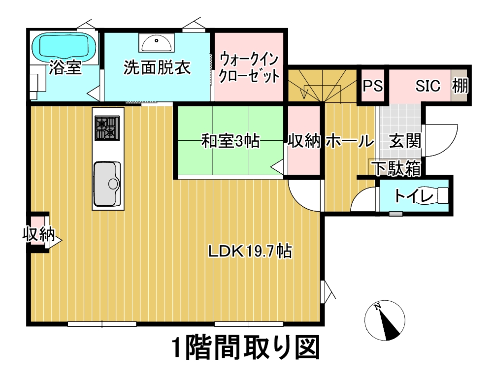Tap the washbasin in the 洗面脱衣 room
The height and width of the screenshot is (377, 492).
point(156,43)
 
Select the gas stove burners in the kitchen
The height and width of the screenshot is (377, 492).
point(107,128)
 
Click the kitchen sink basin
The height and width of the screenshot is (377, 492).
point(107,183)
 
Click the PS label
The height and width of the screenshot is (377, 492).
point(373,85)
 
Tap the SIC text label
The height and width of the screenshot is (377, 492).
point(427,86)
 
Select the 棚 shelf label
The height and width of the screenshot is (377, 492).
point(460,85)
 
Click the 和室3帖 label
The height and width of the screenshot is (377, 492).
point(230,141)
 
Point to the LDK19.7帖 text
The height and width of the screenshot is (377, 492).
point(250,251)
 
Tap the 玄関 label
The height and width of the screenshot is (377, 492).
point(405,141)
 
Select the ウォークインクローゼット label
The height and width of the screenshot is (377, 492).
point(249,67)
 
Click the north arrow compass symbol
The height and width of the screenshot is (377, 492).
point(385,320)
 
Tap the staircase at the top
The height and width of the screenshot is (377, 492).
point(323,85)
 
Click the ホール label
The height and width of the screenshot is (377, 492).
point(350,141)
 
